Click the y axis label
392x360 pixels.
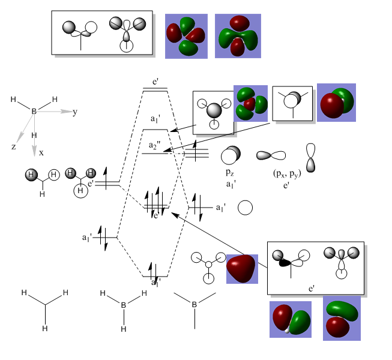(75, 112)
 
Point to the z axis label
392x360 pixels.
(13, 146)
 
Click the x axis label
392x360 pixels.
(41, 153)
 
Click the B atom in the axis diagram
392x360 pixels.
(34, 111)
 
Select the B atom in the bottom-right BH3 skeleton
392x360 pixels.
(194, 305)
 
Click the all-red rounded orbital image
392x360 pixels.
(242, 268)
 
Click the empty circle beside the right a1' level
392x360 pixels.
(244, 208)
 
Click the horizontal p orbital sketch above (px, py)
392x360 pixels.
(271, 155)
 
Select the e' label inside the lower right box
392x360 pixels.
(312, 289)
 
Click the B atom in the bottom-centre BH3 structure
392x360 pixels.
(124, 305)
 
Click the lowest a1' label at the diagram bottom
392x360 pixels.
(155, 281)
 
